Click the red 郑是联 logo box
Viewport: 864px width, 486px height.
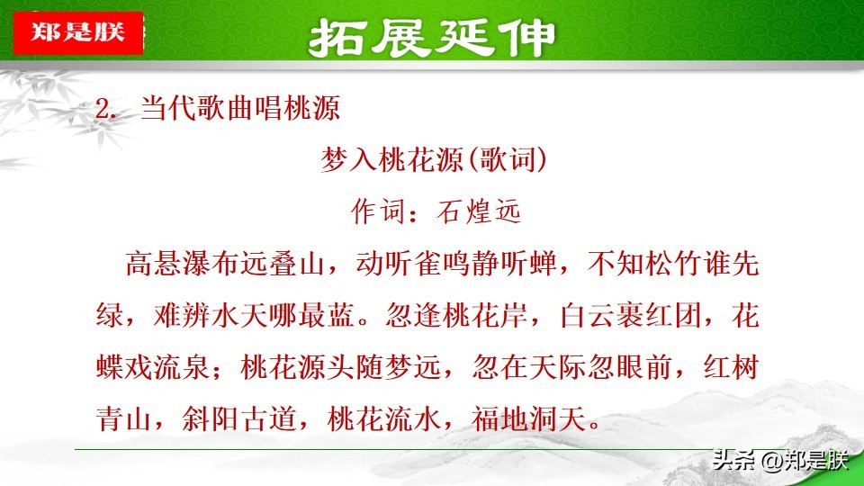(x=78, y=32)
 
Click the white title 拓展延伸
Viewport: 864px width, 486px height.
(x=432, y=38)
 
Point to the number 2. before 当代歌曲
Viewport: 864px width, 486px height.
(x=106, y=109)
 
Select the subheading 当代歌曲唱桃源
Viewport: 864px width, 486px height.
(x=240, y=107)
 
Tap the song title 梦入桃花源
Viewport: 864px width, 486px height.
(x=393, y=160)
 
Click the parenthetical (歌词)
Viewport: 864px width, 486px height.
(x=507, y=160)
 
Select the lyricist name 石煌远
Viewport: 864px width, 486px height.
(x=478, y=211)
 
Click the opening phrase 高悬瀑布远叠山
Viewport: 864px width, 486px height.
(x=225, y=264)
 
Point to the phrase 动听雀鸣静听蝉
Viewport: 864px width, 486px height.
(x=456, y=264)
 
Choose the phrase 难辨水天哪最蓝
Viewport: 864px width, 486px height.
(x=254, y=316)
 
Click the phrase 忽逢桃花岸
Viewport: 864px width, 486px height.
(x=457, y=316)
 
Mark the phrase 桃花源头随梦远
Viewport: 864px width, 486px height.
(x=340, y=367)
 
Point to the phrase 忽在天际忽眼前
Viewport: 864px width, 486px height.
(x=572, y=367)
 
